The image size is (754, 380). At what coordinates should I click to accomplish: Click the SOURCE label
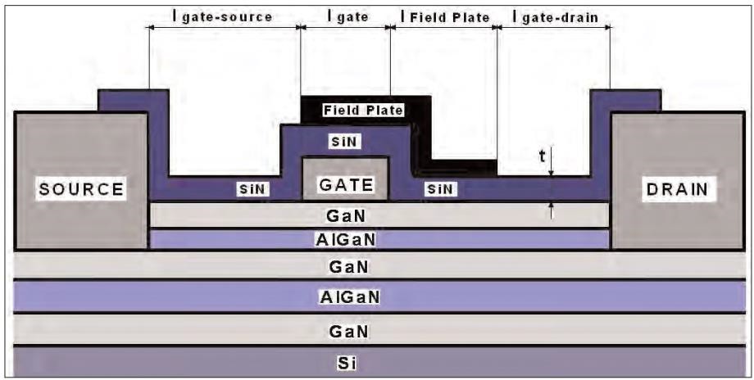click(82, 189)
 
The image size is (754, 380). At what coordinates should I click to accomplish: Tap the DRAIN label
click(676, 189)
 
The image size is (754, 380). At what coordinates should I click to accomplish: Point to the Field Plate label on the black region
click(364, 110)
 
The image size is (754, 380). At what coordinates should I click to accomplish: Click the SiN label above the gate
click(345, 141)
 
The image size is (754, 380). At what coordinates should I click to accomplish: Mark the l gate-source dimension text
click(221, 16)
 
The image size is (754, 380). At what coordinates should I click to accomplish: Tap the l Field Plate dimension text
click(444, 16)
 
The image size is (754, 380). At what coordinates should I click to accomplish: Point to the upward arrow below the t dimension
click(552, 211)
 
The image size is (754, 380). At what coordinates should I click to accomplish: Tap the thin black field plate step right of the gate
click(463, 167)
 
